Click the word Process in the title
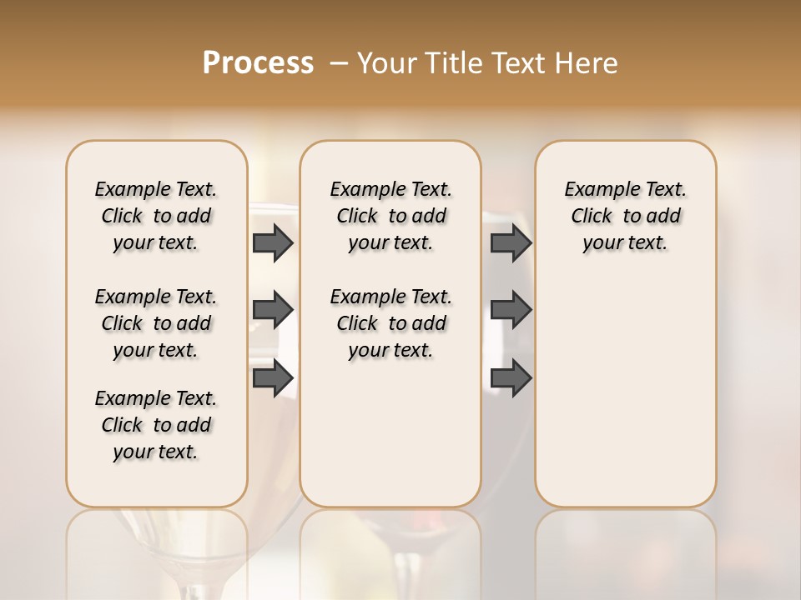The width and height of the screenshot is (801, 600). tap(258, 63)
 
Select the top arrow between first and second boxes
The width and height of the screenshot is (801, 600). tap(272, 242)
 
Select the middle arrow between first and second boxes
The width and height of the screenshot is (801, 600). tap(272, 310)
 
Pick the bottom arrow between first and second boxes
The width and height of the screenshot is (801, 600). tap(272, 377)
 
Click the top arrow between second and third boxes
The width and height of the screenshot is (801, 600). tap(511, 242)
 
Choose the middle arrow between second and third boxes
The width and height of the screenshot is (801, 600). tap(511, 310)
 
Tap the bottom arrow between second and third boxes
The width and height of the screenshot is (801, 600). tap(511, 377)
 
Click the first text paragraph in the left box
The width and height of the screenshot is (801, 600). tap(156, 216)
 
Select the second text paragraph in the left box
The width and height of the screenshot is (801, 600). tap(156, 323)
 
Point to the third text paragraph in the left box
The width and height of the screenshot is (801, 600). tap(156, 425)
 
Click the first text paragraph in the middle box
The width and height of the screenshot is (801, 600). tap(391, 216)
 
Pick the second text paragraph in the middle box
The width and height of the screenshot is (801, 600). tap(391, 323)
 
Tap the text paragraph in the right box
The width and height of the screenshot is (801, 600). tap(626, 216)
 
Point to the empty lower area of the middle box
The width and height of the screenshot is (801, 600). tap(391, 433)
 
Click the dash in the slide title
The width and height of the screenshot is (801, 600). tap(339, 63)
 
